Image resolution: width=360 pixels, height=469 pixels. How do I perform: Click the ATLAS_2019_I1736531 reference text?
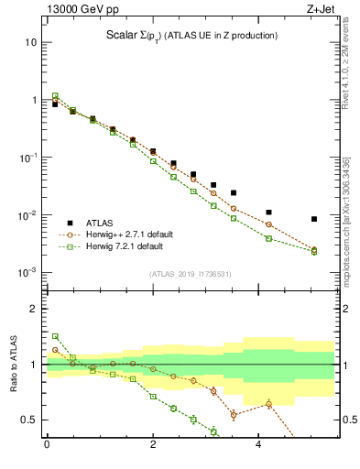[x=190, y=275]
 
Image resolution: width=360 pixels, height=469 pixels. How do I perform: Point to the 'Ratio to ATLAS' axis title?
[x=13, y=364]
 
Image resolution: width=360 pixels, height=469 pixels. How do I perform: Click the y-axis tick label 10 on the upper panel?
[x=31, y=42]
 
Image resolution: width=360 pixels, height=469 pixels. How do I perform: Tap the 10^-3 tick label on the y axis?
[x=27, y=273]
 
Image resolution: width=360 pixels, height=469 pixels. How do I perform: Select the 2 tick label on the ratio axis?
[x=34, y=310]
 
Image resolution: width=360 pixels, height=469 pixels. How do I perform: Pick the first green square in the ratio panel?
[x=55, y=336]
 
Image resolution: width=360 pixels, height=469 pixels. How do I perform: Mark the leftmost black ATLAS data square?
[x=55, y=104]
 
